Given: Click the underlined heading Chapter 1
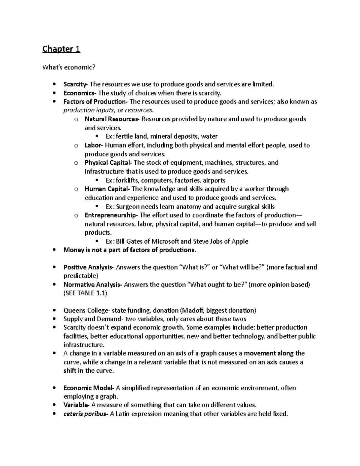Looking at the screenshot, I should (x=61, y=49).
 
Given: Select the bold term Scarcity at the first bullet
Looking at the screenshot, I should (x=75, y=84).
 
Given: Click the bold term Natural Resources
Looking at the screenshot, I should (x=111, y=119).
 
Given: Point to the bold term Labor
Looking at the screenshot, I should (x=93, y=146).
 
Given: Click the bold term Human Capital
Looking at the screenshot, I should (x=106, y=189).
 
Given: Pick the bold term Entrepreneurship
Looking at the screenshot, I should (x=110, y=215).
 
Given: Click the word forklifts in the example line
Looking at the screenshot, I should (x=127, y=181).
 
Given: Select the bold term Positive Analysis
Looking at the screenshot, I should (x=88, y=267).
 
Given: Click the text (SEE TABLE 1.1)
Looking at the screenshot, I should (x=85, y=293).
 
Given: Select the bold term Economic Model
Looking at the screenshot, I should (x=88, y=388).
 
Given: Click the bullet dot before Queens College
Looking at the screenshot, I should (x=54, y=311).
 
